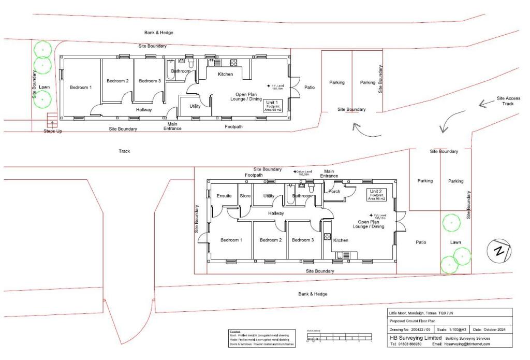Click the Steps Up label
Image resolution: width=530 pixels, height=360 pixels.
(53, 132)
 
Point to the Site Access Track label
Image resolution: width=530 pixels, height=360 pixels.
(508, 100)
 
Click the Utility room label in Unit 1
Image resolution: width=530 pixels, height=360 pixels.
(195, 106)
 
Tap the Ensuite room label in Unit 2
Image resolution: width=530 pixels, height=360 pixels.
(224, 196)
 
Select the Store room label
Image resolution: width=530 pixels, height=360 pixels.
(245, 196)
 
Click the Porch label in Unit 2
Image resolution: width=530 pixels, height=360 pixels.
(334, 191)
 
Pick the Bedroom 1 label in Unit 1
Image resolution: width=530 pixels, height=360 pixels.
(81, 88)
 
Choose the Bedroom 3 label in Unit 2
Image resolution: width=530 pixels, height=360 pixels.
(303, 240)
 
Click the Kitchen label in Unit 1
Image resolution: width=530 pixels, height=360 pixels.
(225, 75)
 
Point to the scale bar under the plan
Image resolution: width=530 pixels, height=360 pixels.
(340, 337)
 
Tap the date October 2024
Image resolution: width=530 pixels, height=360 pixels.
(492, 329)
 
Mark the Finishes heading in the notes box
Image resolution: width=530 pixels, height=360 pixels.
(235, 332)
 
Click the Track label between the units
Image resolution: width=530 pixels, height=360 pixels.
(124, 151)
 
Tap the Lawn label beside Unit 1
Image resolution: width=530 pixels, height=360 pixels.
(44, 87)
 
